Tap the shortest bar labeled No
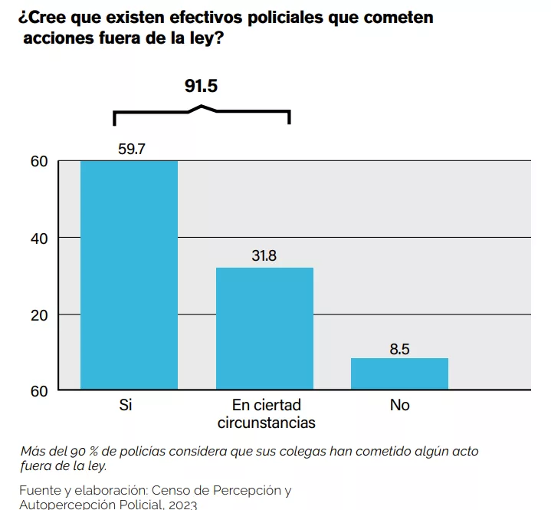pos(399,373)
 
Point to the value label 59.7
pos(132,150)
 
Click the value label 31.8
pos(264,256)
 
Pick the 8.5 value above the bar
pos(399,349)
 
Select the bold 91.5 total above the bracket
pos(201,86)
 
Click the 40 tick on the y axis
pos(39,239)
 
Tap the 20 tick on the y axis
pos(39,315)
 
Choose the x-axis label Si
pos(126,405)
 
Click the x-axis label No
pos(399,405)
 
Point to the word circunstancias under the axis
pos(266,423)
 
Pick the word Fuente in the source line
pos(40,490)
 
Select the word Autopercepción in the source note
pos(67,505)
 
